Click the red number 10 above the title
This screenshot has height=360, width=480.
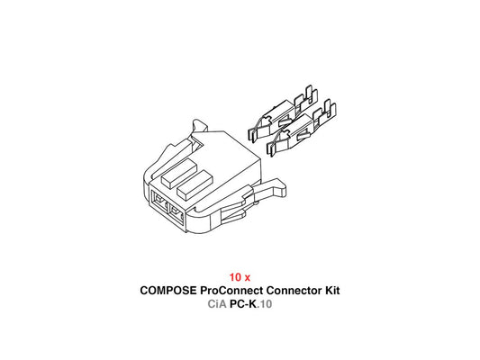point(235,277)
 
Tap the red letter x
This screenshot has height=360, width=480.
point(247,278)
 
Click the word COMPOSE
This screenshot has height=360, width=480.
point(168,291)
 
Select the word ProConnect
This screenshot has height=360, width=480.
point(231,291)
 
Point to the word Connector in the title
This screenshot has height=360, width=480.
point(294,291)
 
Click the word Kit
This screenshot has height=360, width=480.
point(332,291)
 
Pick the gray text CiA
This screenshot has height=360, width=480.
point(217,304)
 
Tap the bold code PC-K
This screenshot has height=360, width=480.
point(244,304)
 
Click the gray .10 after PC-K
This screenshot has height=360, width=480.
point(265,304)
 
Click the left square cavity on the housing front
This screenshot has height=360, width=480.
point(160,202)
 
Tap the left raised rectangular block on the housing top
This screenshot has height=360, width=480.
point(179,172)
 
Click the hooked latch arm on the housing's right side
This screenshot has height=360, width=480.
point(267,191)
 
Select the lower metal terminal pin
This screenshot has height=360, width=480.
point(302,129)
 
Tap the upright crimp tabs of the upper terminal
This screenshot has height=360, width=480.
point(306,98)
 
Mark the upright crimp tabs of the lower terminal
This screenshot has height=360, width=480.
point(324,112)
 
